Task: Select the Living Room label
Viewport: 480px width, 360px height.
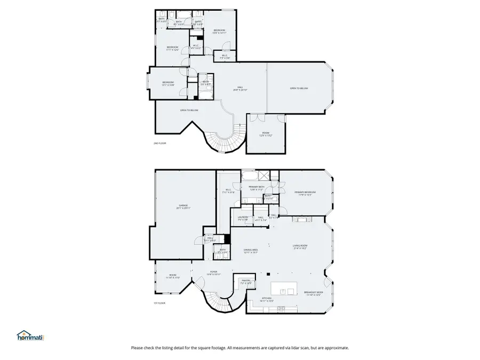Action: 300,247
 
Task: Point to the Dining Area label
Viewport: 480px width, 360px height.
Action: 251,251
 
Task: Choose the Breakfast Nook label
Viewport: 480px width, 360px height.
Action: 312,293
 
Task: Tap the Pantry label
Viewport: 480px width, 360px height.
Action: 245,281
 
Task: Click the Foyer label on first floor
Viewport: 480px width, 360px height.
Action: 213,273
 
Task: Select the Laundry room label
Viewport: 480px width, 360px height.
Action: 243,218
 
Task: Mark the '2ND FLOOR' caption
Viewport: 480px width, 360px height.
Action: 160,143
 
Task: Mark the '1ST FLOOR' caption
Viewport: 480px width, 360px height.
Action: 160,303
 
